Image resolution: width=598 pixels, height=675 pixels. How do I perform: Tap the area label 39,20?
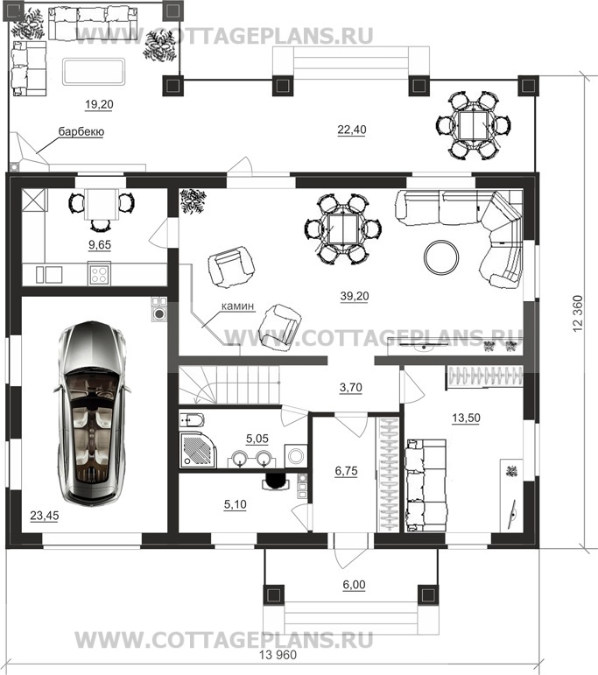(x=355, y=296)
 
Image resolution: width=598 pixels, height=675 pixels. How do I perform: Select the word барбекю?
(x=81, y=131)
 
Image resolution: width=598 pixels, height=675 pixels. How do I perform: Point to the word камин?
(x=237, y=306)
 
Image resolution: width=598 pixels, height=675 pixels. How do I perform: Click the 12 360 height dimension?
(x=578, y=313)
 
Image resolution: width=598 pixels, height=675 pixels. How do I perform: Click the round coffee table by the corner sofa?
(x=441, y=257)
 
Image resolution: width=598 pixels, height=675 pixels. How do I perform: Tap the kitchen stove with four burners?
(x=99, y=273)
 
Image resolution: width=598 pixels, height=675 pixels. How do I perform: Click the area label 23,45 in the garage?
(x=45, y=516)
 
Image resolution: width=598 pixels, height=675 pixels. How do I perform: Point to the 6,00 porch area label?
(x=355, y=585)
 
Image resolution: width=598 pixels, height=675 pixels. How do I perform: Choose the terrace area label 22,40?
(x=352, y=130)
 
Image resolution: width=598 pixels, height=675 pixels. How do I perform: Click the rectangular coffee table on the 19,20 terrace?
(x=94, y=72)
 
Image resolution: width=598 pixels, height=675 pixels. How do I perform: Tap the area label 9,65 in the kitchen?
(x=100, y=244)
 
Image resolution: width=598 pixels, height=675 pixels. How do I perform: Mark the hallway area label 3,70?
(x=351, y=388)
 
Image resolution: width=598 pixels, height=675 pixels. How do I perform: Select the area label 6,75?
(x=346, y=471)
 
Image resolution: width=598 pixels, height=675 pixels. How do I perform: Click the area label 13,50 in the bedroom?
(x=467, y=418)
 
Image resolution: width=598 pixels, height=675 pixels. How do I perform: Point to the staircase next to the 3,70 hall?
(x=229, y=384)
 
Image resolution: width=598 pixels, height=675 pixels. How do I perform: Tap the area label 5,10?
(x=235, y=504)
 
